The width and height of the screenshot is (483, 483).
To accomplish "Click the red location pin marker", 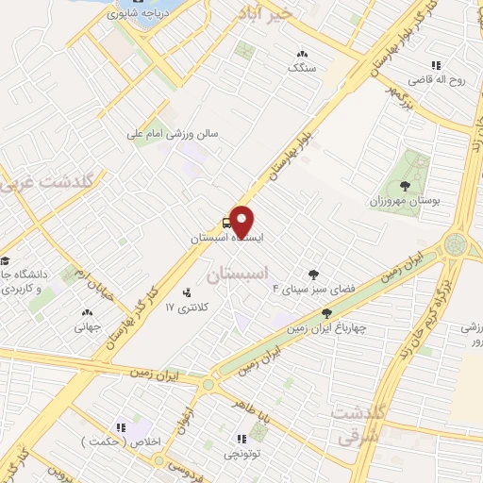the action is point(242,222).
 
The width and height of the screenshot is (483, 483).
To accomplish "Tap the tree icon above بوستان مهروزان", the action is point(404,186).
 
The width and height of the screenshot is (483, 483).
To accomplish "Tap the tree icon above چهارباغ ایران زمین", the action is point(326,312).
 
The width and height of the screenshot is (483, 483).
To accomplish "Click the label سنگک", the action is point(303,68).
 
